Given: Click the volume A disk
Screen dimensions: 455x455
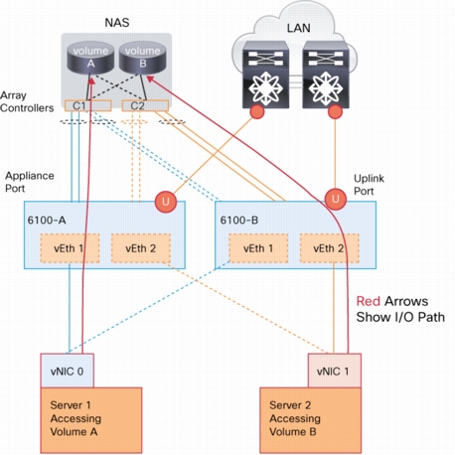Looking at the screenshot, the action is click(90, 59).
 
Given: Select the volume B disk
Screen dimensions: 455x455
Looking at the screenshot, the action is click(142, 59).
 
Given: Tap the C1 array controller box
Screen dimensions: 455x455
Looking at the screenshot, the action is click(87, 105).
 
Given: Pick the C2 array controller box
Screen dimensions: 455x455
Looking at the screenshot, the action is click(145, 105).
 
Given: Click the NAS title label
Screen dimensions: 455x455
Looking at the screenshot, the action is click(117, 23).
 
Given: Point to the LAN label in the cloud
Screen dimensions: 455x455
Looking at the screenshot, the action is click(298, 28).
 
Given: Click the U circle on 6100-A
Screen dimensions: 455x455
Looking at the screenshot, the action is click(166, 202).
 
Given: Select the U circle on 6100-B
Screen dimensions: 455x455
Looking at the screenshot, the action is click(336, 199).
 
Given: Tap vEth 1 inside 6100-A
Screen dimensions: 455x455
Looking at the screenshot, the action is click(70, 248).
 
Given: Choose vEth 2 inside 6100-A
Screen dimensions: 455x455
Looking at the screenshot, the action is click(141, 248).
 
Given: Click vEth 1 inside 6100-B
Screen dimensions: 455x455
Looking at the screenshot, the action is click(258, 248).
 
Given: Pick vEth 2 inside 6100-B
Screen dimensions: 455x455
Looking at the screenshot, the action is click(330, 248).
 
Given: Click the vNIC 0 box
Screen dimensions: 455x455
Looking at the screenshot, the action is click(67, 371).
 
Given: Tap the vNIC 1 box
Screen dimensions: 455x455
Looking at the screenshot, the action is click(335, 371).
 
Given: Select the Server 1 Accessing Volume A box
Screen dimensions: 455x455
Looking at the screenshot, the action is click(91, 420).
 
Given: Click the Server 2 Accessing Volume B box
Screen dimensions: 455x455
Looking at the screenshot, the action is click(311, 420).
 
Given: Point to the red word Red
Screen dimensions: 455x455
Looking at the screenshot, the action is click(368, 301).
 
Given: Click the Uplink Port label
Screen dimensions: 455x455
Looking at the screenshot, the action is click(369, 185).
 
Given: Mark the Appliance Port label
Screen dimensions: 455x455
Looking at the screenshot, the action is click(30, 182).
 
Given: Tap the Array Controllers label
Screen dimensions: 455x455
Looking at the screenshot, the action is click(27, 101).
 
